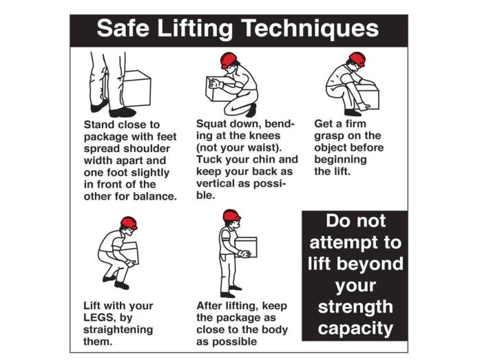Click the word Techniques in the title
point(311,28)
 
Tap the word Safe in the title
point(123,28)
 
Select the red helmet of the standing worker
point(231,215)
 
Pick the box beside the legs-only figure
point(136,89)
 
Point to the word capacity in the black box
point(355,328)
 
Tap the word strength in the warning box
point(355,307)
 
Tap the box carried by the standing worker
point(247,246)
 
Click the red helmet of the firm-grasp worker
point(358,59)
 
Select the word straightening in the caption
point(118,330)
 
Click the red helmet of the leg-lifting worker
point(129,223)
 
